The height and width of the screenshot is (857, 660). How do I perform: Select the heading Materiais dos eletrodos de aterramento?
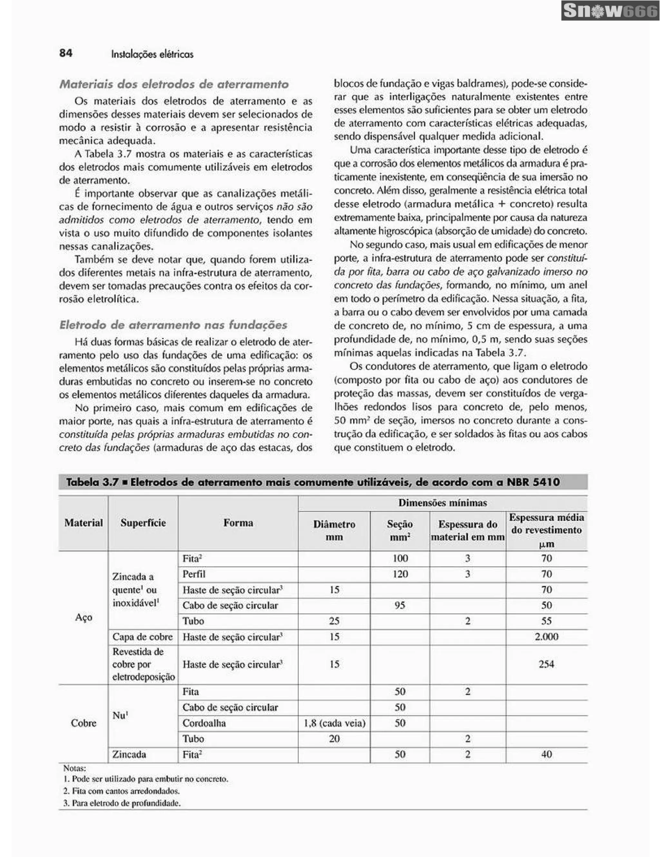174,84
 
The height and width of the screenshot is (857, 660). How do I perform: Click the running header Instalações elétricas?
152,54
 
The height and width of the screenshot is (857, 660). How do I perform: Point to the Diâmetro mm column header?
334,531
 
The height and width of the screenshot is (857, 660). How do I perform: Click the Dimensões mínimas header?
442,503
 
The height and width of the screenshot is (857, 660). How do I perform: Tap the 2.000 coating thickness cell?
546,637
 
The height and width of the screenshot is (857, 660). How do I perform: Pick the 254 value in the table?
546,664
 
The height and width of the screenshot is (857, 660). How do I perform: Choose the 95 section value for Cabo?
400,605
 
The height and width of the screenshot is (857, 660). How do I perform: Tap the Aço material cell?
83,617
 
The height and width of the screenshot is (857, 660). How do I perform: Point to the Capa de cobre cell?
142,637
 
